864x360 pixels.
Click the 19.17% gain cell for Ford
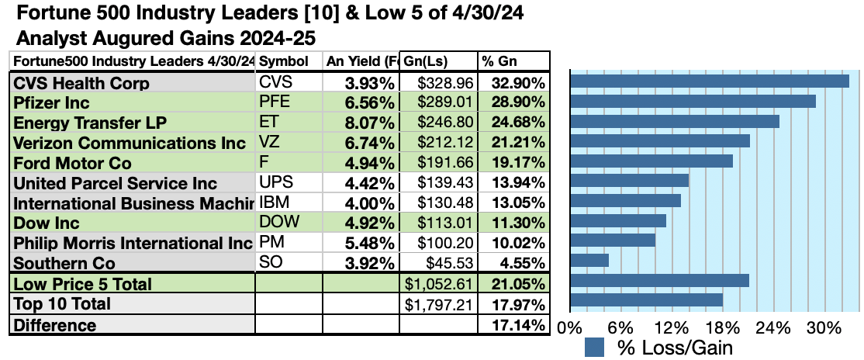coord(513,163)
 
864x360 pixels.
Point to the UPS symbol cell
coord(273,183)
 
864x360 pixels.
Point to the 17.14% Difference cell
coord(513,325)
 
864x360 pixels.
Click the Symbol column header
coord(282,61)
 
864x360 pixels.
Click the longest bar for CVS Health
coord(709,81)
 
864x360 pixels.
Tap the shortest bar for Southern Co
coord(589,260)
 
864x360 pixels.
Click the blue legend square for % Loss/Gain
coord(595,347)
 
